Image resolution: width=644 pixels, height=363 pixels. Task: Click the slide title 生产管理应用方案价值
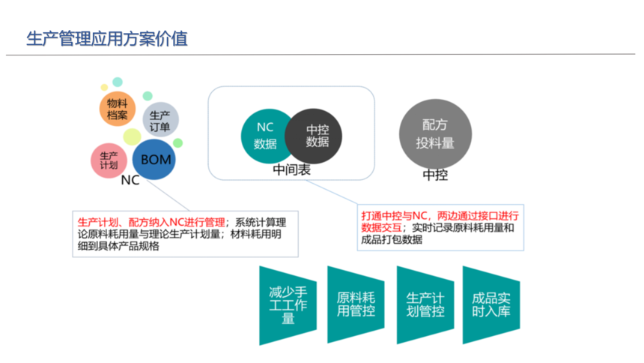[107, 39]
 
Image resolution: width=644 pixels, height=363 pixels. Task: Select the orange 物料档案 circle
[118, 109]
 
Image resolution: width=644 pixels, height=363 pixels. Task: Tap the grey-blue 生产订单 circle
[160, 120]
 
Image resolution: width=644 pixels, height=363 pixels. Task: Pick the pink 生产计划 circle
[109, 160]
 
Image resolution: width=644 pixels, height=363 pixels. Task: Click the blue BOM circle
[154, 159]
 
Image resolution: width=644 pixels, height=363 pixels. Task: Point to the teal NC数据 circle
[264, 136]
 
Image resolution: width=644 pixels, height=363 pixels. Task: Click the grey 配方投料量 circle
[435, 133]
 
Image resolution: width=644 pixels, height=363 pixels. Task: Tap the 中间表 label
[291, 169]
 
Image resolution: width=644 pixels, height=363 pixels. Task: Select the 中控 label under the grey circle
[435, 175]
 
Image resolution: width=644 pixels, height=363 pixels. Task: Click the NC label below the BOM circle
[130, 180]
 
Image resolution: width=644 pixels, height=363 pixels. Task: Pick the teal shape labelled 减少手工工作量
[288, 305]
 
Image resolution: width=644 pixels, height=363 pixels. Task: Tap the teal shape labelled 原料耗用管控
[356, 304]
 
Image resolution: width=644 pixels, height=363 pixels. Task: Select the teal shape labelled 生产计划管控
[425, 305]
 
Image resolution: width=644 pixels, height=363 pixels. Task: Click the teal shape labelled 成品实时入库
[491, 305]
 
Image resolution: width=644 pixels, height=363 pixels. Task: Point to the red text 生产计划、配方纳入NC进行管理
[151, 223]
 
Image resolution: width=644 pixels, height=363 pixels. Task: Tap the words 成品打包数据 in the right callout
[392, 239]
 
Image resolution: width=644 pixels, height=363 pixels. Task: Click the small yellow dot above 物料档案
[104, 87]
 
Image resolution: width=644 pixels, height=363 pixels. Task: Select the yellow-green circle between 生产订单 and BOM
[132, 136]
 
